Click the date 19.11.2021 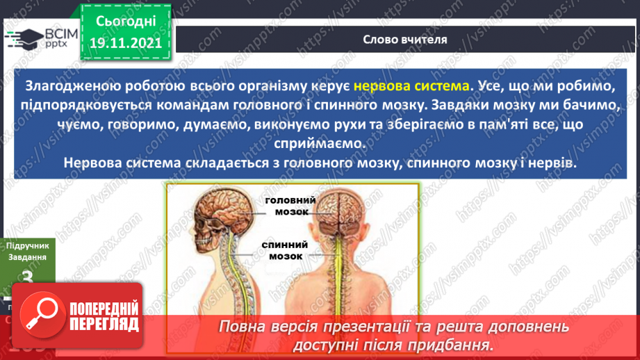pos(126,43)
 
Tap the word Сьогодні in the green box pos(126,20)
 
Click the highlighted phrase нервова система pos(411,87)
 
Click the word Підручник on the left pos(26,246)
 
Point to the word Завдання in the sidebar pos(26,257)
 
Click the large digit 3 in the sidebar pos(28,278)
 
